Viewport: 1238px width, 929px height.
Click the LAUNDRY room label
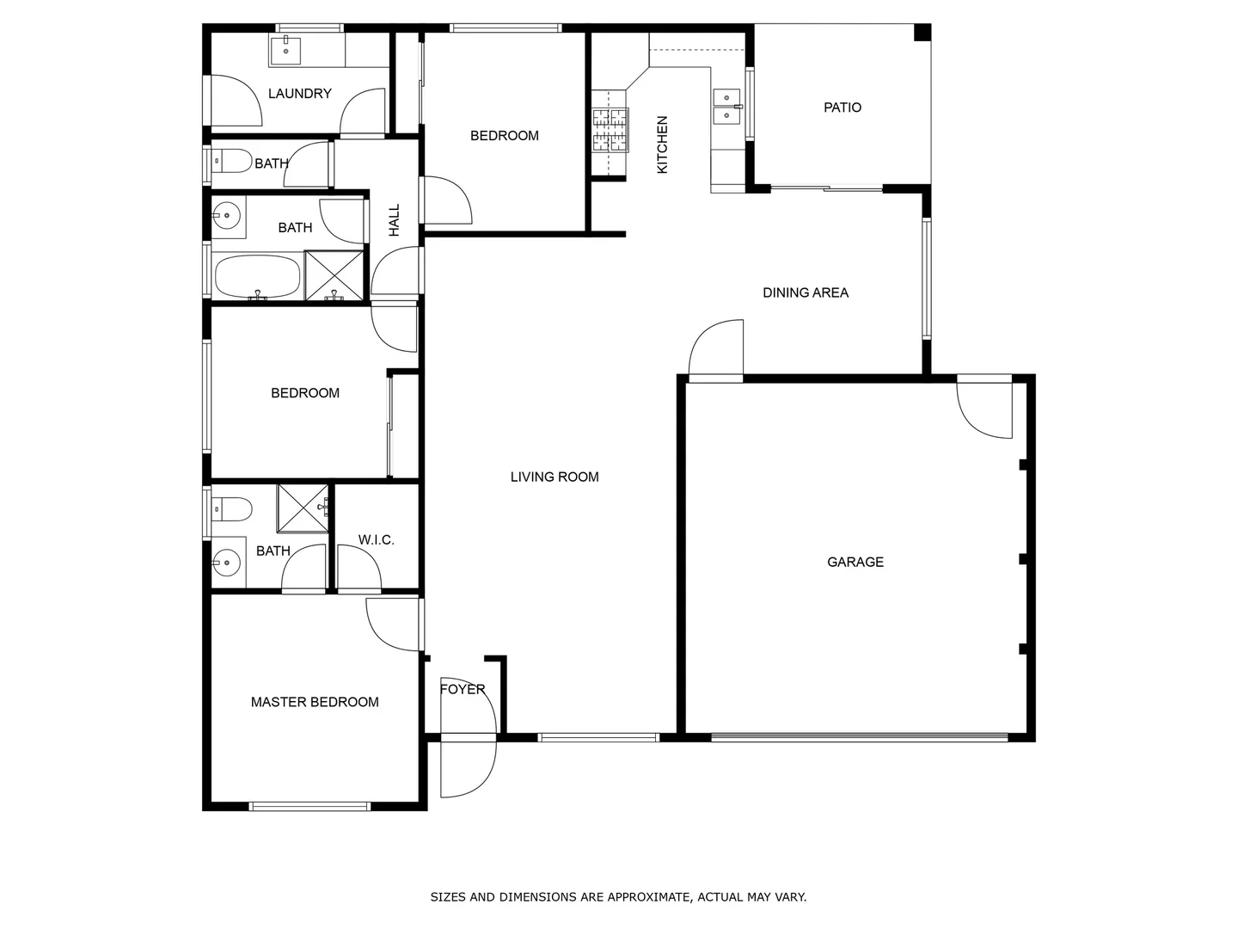[x=299, y=94]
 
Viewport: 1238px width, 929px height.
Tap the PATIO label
[x=842, y=108]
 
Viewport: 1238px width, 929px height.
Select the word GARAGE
[x=855, y=562]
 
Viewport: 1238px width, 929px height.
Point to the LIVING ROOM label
[x=555, y=477]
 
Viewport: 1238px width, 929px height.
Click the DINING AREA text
[x=806, y=292]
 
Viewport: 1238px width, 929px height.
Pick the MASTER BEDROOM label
[x=315, y=702]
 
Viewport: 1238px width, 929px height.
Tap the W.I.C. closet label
[x=376, y=540]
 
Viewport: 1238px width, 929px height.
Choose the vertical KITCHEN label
[x=662, y=145]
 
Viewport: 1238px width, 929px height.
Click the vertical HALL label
[x=395, y=220]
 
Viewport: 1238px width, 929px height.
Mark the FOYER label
[x=463, y=689]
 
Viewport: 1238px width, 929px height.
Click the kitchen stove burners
[x=610, y=130]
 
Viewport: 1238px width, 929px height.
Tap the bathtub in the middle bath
[x=257, y=276]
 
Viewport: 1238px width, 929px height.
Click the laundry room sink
[x=285, y=51]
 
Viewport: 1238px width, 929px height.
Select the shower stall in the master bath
[x=303, y=508]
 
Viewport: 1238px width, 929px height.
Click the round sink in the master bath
[x=226, y=564]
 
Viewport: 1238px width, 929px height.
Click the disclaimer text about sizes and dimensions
[x=618, y=897]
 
